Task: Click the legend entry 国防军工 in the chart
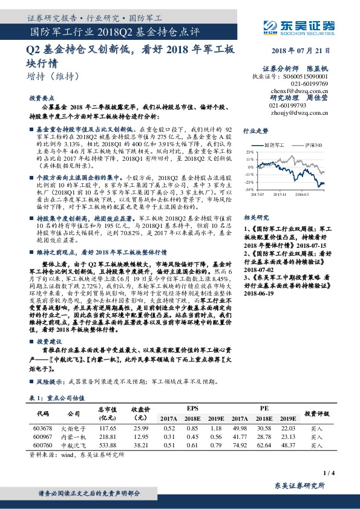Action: [x=278, y=146]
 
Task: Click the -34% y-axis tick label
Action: [x=249, y=189]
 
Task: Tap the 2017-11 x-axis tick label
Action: [x=280, y=194]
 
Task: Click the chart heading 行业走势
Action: [x=255, y=130]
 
